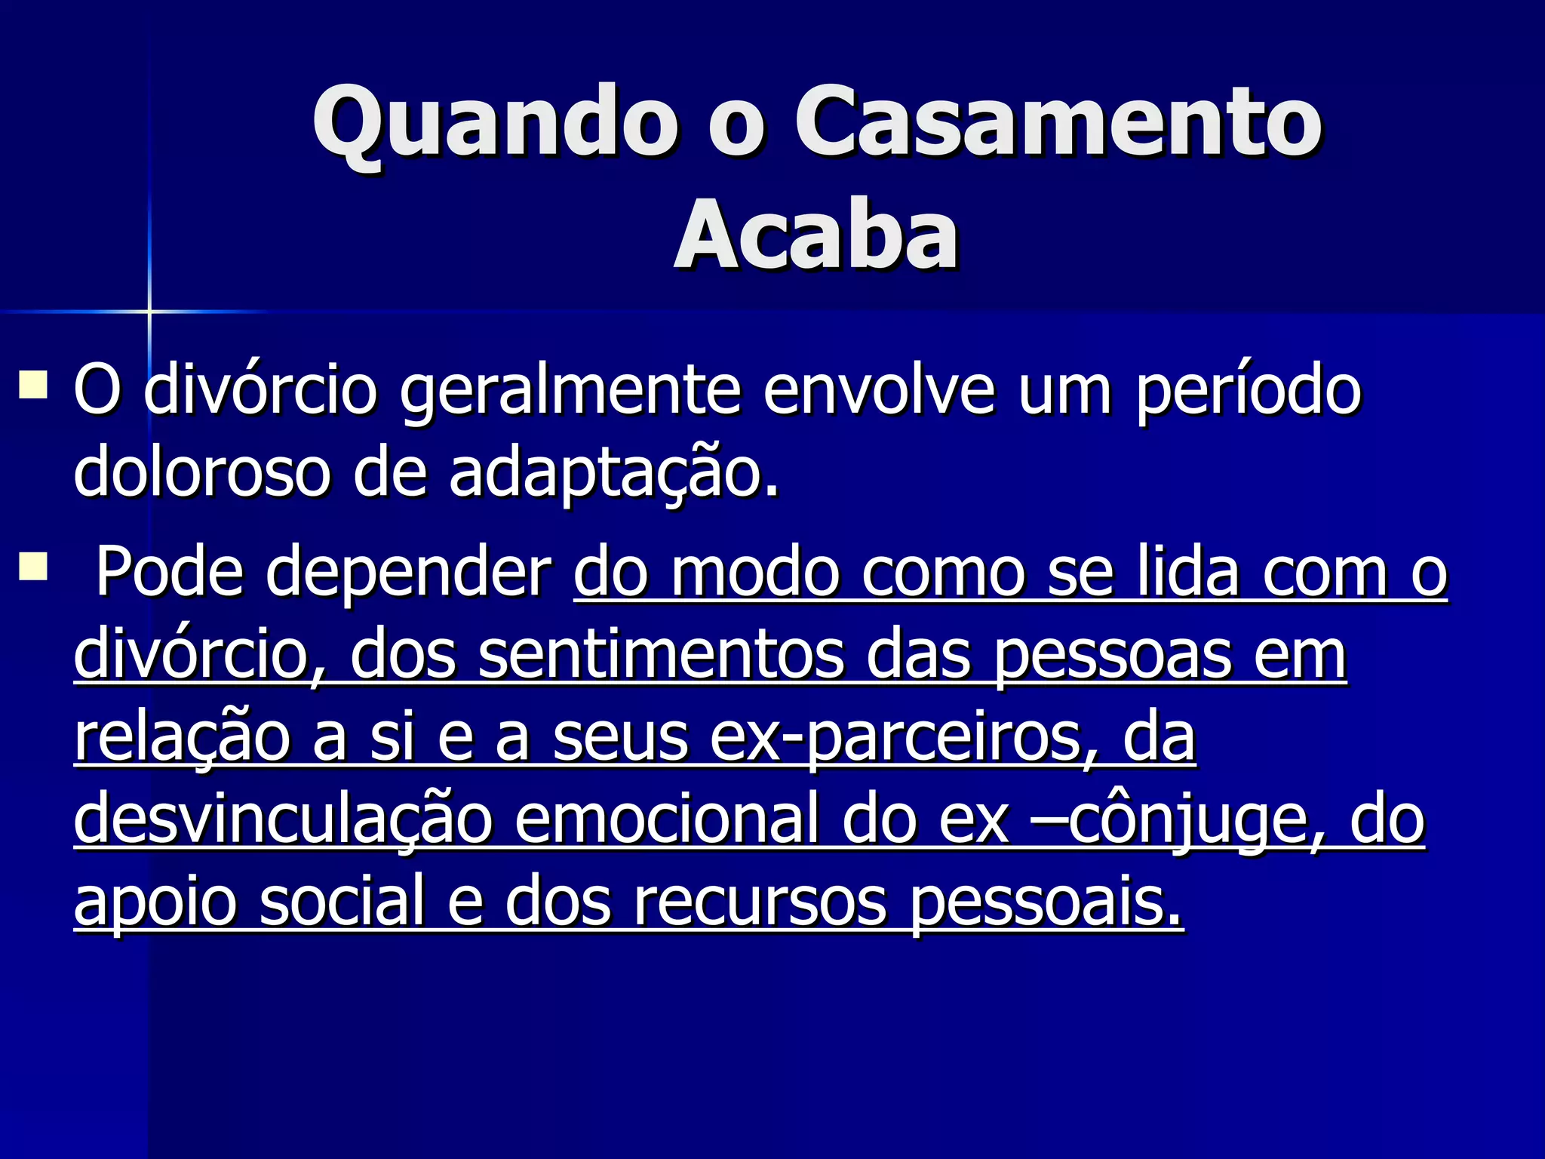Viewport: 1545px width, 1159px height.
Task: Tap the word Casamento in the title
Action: (1056, 122)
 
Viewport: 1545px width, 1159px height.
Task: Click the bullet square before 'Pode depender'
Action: (33, 566)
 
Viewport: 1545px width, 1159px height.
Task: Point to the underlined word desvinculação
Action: (283, 821)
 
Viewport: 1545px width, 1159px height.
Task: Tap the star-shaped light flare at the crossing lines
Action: (149, 311)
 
